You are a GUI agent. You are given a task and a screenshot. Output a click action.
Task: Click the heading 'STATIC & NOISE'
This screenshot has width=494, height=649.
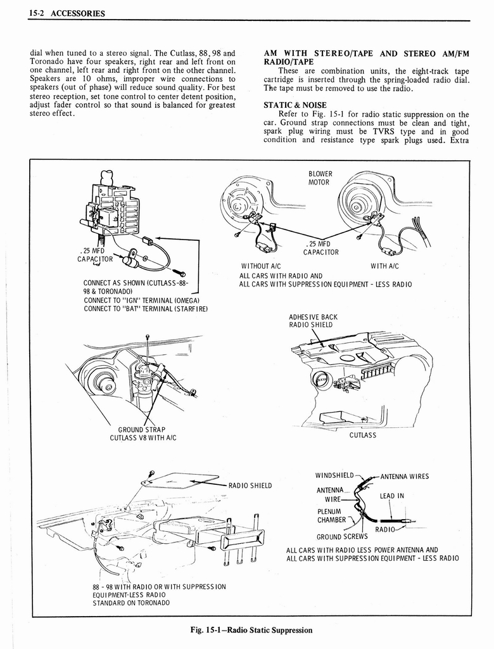click(295, 105)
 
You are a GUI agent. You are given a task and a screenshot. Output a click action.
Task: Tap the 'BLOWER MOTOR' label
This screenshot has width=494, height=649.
click(320, 178)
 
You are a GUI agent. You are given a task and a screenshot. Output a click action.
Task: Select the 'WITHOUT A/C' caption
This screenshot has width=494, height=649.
click(261, 266)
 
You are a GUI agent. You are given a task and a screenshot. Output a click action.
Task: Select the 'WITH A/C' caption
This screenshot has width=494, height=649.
click(384, 266)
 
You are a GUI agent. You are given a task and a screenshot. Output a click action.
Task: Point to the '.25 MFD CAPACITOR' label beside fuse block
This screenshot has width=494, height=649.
click(96, 254)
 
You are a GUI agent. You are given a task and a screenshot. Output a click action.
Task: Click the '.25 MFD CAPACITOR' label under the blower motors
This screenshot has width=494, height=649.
click(320, 247)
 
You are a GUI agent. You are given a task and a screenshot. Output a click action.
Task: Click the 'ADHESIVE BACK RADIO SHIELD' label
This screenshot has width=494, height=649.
click(313, 321)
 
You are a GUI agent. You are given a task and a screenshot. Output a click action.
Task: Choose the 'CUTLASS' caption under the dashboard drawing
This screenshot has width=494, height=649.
click(362, 435)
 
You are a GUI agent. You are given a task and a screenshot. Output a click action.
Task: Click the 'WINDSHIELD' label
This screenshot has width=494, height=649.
click(334, 475)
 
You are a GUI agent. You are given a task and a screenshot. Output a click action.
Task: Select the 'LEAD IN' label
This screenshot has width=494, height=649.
click(391, 496)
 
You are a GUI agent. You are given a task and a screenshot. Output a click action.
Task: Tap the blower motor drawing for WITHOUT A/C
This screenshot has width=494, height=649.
click(244, 203)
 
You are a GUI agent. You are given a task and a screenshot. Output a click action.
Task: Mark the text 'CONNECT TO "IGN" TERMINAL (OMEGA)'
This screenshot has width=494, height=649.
click(141, 300)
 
